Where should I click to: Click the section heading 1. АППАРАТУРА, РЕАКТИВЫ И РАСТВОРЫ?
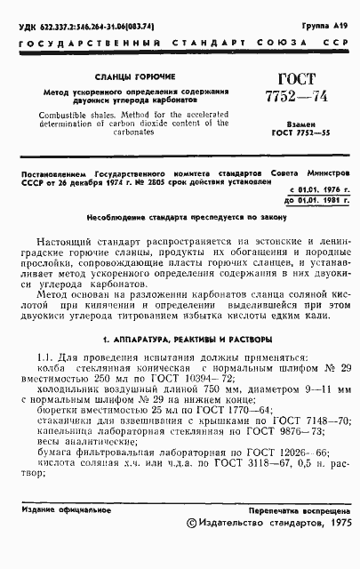click(180, 340)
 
